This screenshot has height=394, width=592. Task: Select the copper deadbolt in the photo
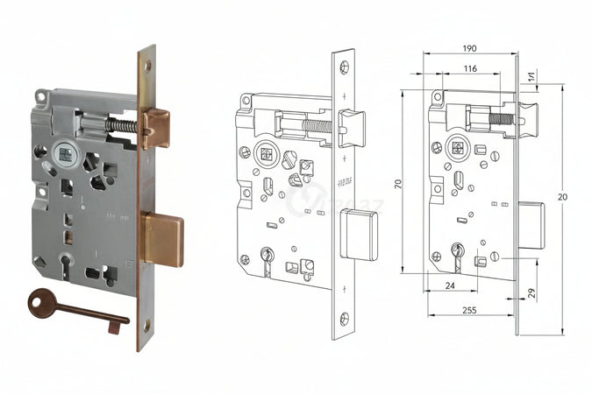(162, 239)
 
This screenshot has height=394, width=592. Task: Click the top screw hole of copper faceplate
(147, 65)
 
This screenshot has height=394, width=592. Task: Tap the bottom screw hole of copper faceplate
(146, 325)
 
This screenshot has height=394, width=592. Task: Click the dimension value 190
(470, 47)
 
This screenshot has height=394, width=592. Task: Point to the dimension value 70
(397, 184)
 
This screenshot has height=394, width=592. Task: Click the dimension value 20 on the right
(561, 197)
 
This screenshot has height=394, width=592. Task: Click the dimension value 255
(470, 309)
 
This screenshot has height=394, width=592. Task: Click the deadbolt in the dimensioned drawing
(531, 226)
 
